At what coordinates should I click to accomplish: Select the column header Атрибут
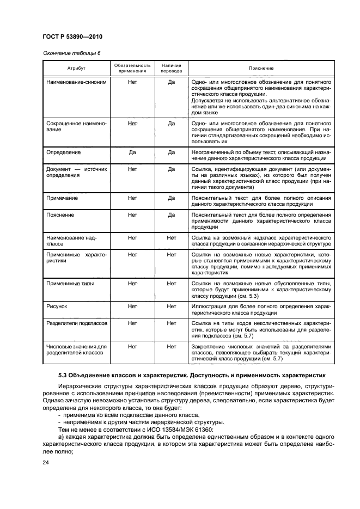[x=76, y=68]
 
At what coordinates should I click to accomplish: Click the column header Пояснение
[x=261, y=68]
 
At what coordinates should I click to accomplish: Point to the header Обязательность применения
[x=132, y=68]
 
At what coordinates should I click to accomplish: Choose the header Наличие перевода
[x=172, y=68]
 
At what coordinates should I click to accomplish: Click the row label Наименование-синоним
[x=76, y=82]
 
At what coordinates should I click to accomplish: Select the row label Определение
[x=64, y=152]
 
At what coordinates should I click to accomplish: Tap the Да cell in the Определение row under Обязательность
[x=132, y=152]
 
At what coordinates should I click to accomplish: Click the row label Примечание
[x=63, y=199]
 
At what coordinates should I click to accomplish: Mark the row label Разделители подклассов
[x=77, y=323]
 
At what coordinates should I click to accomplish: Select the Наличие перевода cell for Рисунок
[x=172, y=306]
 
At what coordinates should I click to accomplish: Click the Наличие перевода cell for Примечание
[x=172, y=199]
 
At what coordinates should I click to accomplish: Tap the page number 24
[x=46, y=463]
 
